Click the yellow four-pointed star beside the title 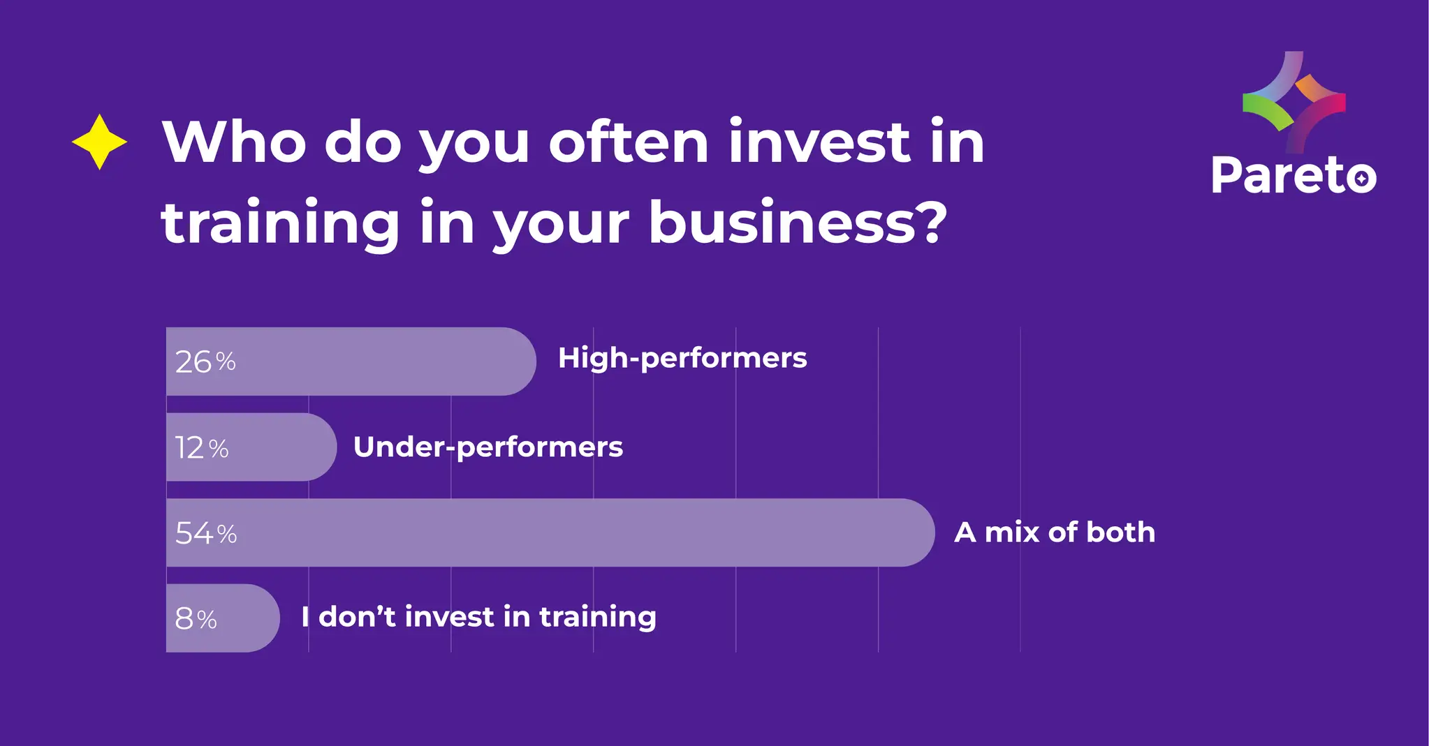pyautogui.click(x=99, y=142)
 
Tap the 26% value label pyautogui.click(x=205, y=361)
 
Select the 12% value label pyautogui.click(x=201, y=447)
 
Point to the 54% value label pyautogui.click(x=206, y=533)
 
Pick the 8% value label pyautogui.click(x=196, y=618)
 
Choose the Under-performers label pyautogui.click(x=488, y=447)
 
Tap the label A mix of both pyautogui.click(x=1055, y=532)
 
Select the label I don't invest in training pyautogui.click(x=479, y=617)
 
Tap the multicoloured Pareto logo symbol pyautogui.click(x=1294, y=102)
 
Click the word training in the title pyautogui.click(x=280, y=225)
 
